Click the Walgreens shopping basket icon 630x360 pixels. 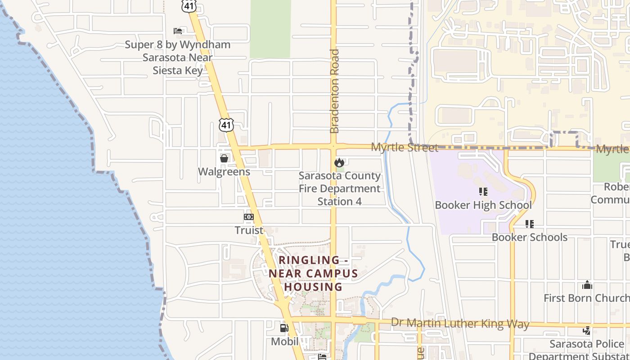(x=224, y=158)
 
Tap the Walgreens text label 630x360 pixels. (x=224, y=171)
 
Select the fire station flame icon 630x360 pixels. (x=339, y=162)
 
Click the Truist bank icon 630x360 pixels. (x=249, y=217)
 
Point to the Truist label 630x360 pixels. (x=249, y=230)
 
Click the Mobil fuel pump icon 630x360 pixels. (x=284, y=328)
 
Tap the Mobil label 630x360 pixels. (x=284, y=341)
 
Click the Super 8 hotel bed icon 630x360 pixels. (x=178, y=31)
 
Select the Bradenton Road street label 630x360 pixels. (x=334, y=91)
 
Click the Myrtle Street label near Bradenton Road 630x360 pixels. (x=404, y=148)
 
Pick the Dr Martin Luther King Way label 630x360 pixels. (x=460, y=323)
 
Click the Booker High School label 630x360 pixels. (x=483, y=205)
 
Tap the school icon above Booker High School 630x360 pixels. (x=483, y=192)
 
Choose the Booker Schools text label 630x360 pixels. (x=529, y=237)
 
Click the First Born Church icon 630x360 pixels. (x=587, y=285)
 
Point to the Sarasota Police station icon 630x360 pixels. (x=587, y=331)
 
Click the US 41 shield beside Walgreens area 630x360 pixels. (x=227, y=125)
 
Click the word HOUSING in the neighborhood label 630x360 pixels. (x=313, y=287)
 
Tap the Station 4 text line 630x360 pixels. (x=339, y=201)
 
